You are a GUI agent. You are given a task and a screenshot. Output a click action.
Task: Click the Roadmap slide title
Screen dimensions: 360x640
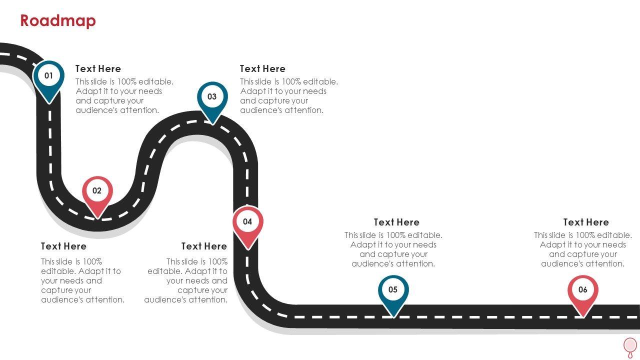click(58, 21)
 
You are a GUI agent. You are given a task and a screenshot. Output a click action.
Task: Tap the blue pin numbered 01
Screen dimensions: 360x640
click(48, 77)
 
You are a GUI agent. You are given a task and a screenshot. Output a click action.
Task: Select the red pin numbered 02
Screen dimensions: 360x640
click(97, 192)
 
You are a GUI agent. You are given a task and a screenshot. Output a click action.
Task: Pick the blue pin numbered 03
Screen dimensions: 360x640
click(212, 98)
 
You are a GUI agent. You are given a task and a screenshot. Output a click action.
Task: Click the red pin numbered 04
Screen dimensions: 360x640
click(247, 223)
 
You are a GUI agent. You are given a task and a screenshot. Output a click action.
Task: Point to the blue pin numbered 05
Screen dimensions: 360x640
click(393, 291)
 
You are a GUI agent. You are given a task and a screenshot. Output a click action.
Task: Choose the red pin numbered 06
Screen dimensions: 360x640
click(582, 291)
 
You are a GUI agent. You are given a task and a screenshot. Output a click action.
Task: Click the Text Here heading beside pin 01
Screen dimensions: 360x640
click(98, 69)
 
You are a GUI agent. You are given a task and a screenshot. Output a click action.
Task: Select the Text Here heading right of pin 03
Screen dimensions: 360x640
click(262, 69)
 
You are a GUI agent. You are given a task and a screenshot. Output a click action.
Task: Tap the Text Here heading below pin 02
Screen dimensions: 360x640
click(63, 246)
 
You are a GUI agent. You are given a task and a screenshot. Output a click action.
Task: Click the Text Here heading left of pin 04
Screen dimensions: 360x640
click(204, 246)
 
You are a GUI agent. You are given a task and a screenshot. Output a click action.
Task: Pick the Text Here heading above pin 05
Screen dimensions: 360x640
click(396, 222)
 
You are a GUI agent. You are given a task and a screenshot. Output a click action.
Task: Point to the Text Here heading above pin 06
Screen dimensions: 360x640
click(586, 222)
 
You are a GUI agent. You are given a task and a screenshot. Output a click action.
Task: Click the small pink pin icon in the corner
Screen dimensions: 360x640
click(630, 346)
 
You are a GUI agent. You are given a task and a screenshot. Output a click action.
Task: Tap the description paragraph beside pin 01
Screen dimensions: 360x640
click(124, 96)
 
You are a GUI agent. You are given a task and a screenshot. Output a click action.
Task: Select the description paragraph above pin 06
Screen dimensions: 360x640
click(583, 249)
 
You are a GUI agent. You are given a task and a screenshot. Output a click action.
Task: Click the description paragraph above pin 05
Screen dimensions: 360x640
click(393, 249)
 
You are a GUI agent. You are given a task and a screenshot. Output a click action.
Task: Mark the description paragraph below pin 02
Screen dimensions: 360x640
click(82, 280)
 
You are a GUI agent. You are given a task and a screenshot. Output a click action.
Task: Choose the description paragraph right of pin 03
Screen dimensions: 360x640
click(288, 96)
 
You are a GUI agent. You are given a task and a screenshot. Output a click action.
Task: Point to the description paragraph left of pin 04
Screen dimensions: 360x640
click(186, 280)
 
